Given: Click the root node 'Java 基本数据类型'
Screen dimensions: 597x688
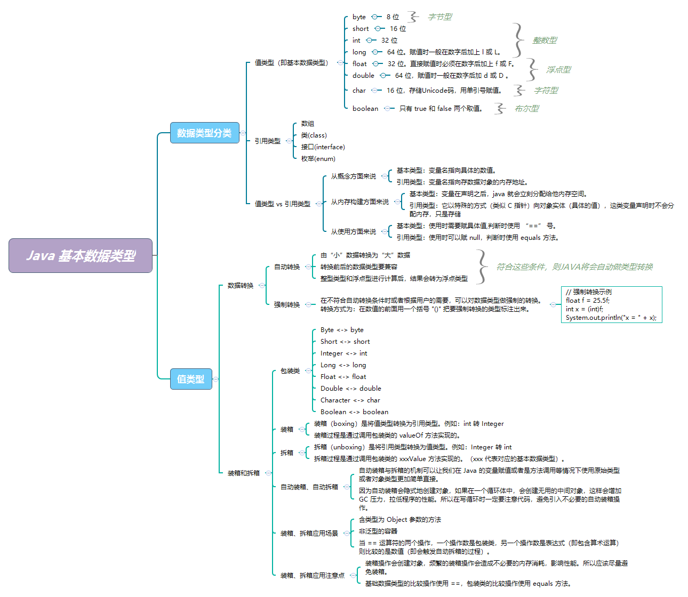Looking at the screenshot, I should point(81,256).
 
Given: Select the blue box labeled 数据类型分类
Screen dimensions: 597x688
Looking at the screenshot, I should point(204,133).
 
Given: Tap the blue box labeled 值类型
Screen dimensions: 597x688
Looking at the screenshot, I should point(190,379).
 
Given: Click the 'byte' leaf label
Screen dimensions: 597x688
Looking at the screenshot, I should point(359,17).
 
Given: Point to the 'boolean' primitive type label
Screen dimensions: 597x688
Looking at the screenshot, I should point(365,109).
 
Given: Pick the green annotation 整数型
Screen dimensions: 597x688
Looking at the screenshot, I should point(545,41).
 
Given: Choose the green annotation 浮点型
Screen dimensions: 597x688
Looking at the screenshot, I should point(558,70).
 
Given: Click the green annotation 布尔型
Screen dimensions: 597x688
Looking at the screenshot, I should point(526,109).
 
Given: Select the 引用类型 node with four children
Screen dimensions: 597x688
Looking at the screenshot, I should point(267,141).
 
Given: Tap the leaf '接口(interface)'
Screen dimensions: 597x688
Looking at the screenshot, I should point(323,147).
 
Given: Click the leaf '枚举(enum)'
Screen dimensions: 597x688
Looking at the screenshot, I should point(318,159).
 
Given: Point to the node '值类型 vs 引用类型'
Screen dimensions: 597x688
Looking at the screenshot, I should point(282,204).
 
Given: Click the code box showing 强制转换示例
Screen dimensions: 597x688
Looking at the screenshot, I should point(611,304).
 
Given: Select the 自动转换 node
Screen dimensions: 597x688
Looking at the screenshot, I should point(287,267).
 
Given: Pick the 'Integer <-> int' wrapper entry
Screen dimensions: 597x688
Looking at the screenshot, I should point(343,353).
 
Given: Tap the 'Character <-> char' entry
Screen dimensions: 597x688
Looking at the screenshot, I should point(350,400).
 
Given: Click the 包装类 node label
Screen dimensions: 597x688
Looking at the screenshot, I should point(290,371).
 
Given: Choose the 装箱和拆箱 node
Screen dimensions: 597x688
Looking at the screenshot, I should point(244,473).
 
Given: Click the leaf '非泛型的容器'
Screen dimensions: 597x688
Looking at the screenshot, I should point(378,531).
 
